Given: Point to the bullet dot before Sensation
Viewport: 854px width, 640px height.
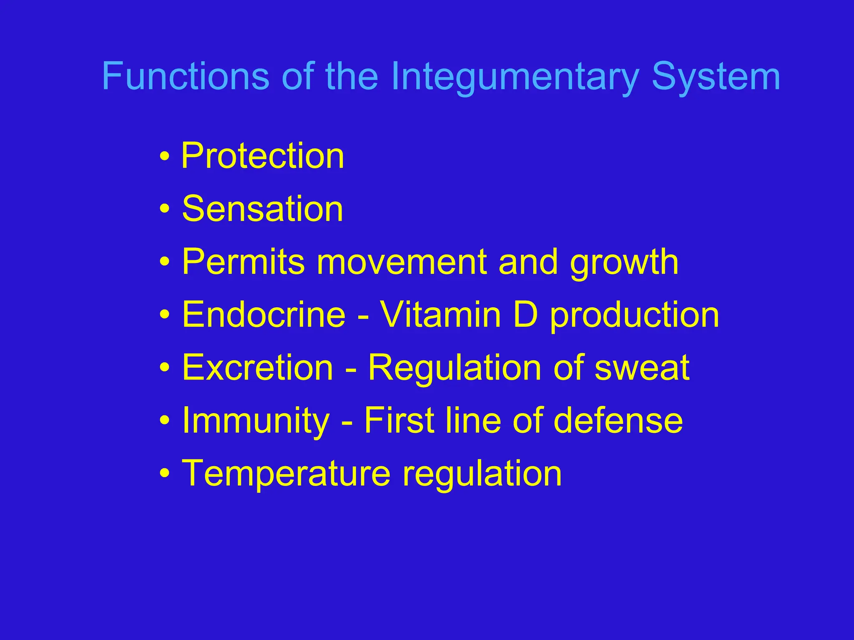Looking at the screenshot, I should tap(165, 209).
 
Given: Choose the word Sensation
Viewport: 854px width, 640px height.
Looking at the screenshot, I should tap(263, 209).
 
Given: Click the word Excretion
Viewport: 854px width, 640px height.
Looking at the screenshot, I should tap(258, 367).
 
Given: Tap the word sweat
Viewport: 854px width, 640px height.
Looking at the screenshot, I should tap(642, 368).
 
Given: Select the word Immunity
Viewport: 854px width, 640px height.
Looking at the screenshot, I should tap(256, 421).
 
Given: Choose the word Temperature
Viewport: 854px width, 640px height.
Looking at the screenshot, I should tap(286, 474).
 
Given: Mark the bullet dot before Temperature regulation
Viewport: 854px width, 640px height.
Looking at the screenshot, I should tap(165, 474).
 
